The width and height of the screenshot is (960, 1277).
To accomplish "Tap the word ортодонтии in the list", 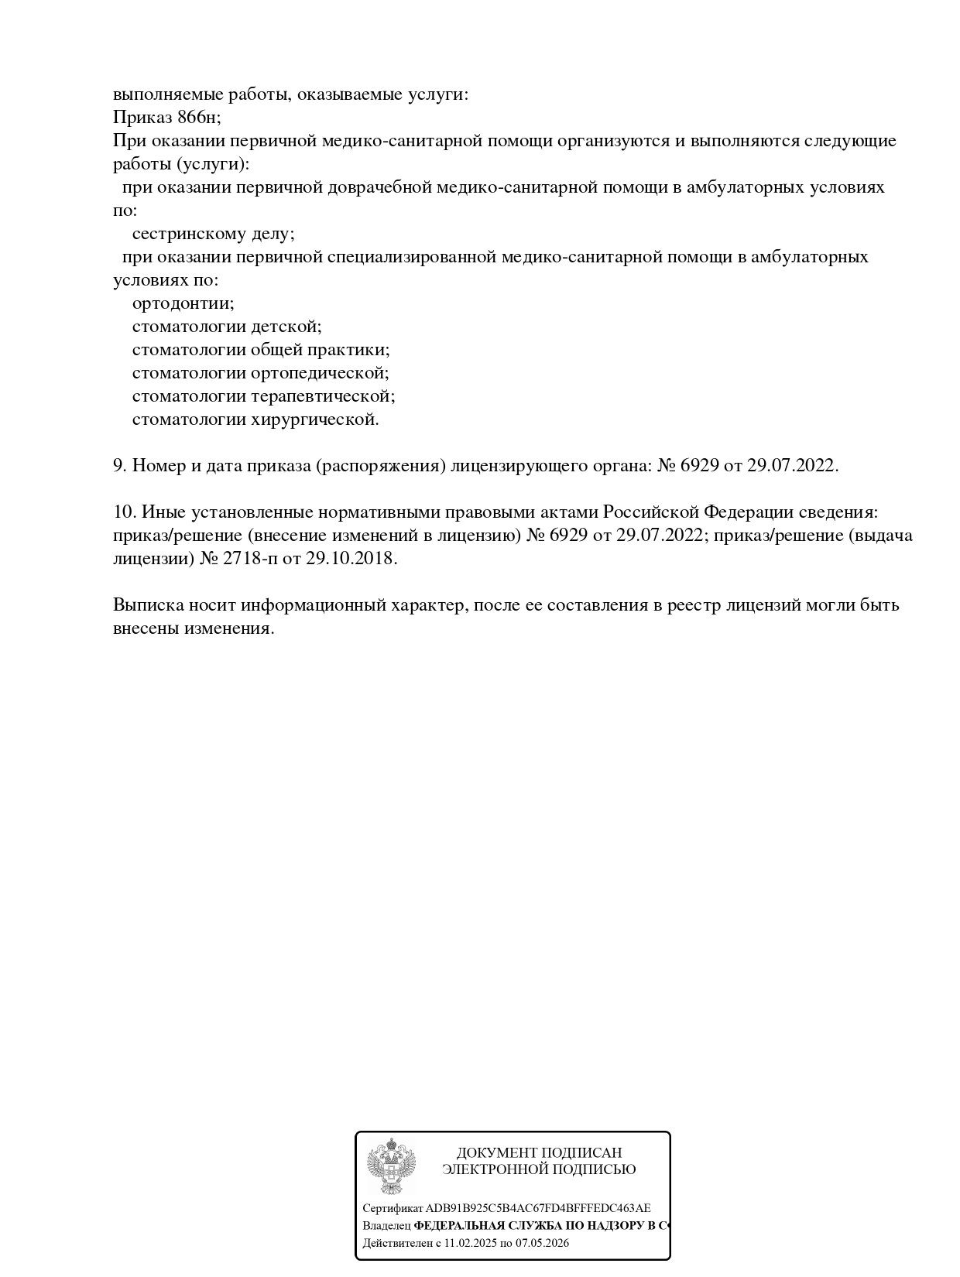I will click(x=183, y=303).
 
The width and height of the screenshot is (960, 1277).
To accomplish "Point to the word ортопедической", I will click(x=320, y=373).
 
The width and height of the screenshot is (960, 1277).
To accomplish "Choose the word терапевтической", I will click(x=323, y=396).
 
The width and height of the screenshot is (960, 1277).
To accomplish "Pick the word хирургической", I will click(x=315, y=419).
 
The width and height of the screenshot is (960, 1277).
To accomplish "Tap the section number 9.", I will click(x=119, y=466).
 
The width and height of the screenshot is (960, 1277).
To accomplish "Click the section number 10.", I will click(x=124, y=512).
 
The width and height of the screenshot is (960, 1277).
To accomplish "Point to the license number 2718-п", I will click(x=250, y=559).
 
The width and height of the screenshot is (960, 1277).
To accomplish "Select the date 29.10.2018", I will click(x=351, y=559).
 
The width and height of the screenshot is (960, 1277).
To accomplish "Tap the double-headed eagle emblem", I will click(x=391, y=1166).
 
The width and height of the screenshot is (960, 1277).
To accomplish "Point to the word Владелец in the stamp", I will click(x=386, y=1226).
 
